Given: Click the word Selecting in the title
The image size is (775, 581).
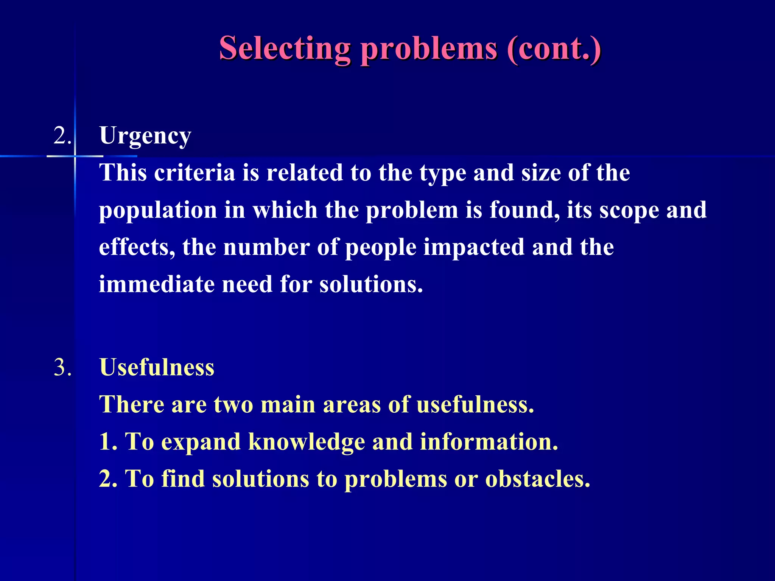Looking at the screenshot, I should tap(285, 49).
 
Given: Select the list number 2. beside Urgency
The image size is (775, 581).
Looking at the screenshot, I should tap(62, 135).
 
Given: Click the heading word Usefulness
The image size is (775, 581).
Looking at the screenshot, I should tap(157, 367).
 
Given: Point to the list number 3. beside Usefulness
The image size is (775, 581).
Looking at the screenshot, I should tap(62, 367).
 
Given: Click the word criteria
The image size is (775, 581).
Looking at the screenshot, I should tap(195, 173).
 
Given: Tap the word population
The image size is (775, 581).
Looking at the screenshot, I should tap(158, 211).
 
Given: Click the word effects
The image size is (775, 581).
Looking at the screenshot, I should tap(137, 247).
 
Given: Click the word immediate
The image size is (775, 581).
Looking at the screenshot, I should tap(157, 284).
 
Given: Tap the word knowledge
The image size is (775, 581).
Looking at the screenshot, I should tap(307, 442).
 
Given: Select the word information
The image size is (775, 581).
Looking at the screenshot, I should tap(489, 442).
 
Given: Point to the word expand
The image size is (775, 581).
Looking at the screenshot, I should tap(201, 442).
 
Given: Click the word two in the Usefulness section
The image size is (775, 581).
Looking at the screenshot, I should tap(233, 405).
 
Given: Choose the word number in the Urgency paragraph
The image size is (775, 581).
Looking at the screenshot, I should tap(266, 247).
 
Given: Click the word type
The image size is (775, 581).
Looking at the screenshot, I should tap(442, 174).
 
